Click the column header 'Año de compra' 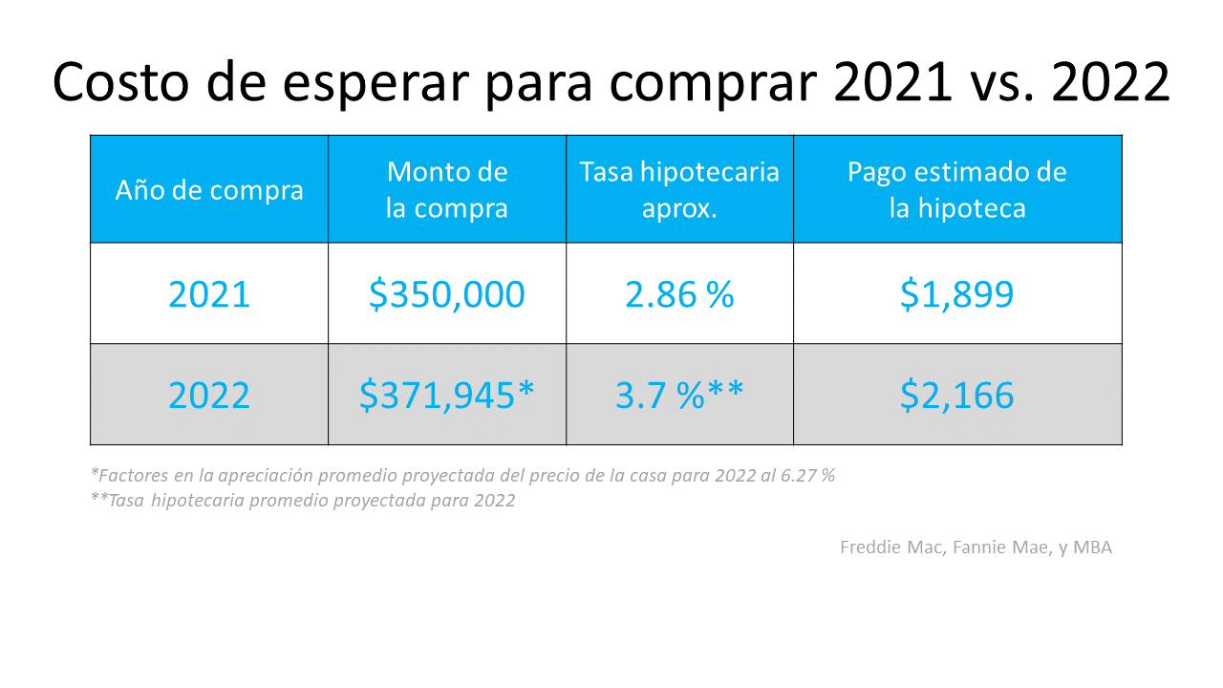click(x=209, y=189)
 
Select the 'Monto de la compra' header click(x=447, y=189)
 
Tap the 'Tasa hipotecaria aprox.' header click(x=679, y=189)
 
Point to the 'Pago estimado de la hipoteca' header click(x=957, y=189)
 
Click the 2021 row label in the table click(x=209, y=293)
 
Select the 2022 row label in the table click(x=209, y=395)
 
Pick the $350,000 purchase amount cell click(x=447, y=293)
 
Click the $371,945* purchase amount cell click(x=447, y=395)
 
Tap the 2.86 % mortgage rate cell click(x=679, y=293)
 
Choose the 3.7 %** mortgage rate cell click(x=679, y=395)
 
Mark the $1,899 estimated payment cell click(x=957, y=293)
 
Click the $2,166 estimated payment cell click(x=957, y=395)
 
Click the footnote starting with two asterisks click(x=303, y=500)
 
